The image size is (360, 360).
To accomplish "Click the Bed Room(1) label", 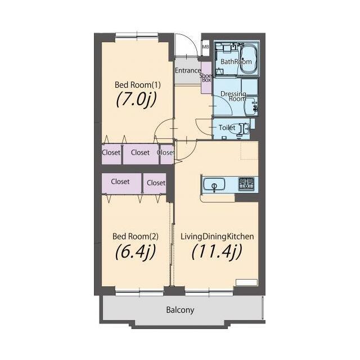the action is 137,85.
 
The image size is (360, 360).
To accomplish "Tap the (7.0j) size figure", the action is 136,100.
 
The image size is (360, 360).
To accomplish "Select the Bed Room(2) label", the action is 136,236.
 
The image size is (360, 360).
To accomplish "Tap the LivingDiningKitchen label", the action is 217,236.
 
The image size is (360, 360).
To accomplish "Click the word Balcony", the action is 180,310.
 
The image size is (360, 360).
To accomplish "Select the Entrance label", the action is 188,70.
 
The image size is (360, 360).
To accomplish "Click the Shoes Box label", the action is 206,78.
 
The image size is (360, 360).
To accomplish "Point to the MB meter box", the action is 205,47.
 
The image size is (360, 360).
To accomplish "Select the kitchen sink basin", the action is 214,184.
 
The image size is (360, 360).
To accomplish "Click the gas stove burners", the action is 246,184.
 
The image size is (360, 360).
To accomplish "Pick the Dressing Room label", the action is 233,96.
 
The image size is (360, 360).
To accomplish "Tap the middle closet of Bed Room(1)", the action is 141,154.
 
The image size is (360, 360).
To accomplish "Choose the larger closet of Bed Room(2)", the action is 121,183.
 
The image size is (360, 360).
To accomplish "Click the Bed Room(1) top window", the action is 137,35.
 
